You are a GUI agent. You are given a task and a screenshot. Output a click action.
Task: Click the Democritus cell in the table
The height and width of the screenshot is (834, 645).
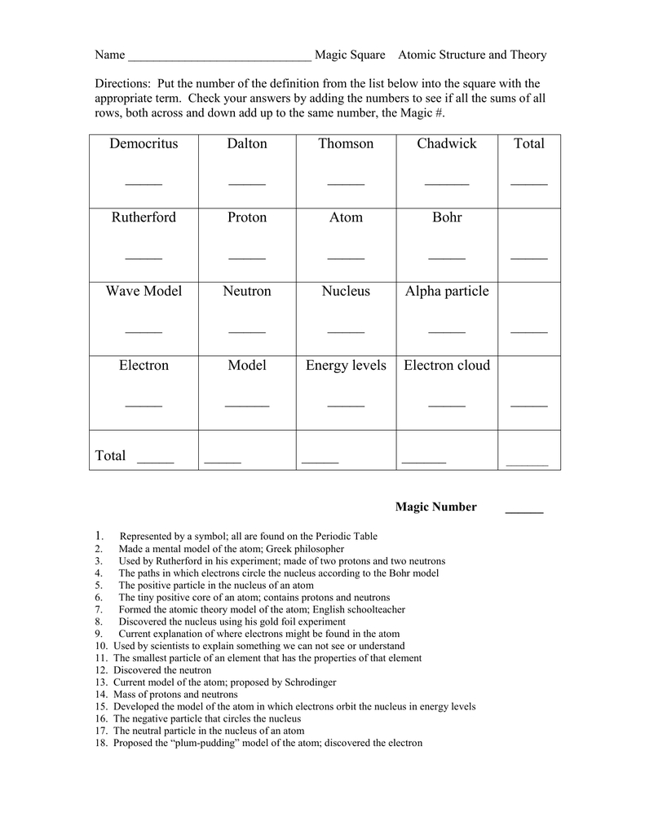(144, 144)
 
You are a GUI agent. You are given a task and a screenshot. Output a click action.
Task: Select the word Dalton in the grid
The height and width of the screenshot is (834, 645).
(247, 144)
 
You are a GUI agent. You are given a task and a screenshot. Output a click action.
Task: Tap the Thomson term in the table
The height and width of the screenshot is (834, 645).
(346, 144)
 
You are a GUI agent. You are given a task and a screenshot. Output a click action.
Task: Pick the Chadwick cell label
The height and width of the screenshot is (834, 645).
(447, 144)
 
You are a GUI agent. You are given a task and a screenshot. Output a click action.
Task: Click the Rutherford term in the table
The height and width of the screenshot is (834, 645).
(144, 217)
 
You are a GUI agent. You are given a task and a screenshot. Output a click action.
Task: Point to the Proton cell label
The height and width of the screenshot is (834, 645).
(247, 217)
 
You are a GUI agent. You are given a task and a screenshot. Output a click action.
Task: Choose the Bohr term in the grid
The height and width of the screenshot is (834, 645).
(447, 217)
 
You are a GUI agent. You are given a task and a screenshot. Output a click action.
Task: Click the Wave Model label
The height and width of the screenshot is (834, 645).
(144, 292)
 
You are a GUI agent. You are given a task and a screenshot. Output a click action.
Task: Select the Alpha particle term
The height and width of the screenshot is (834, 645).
(447, 292)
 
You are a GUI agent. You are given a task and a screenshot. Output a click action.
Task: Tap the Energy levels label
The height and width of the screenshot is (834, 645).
(346, 366)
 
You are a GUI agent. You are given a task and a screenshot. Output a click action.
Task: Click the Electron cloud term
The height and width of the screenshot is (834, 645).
(447, 366)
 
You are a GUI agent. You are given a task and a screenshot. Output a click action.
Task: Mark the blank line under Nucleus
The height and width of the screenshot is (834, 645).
(346, 331)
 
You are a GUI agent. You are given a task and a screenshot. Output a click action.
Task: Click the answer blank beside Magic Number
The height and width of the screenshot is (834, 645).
(524, 511)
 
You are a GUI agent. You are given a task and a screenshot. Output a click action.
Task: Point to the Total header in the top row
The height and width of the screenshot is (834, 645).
(529, 144)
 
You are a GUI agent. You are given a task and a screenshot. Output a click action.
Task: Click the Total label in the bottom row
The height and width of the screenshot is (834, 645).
(111, 456)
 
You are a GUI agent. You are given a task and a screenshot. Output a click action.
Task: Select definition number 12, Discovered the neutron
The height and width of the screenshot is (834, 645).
(148, 670)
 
